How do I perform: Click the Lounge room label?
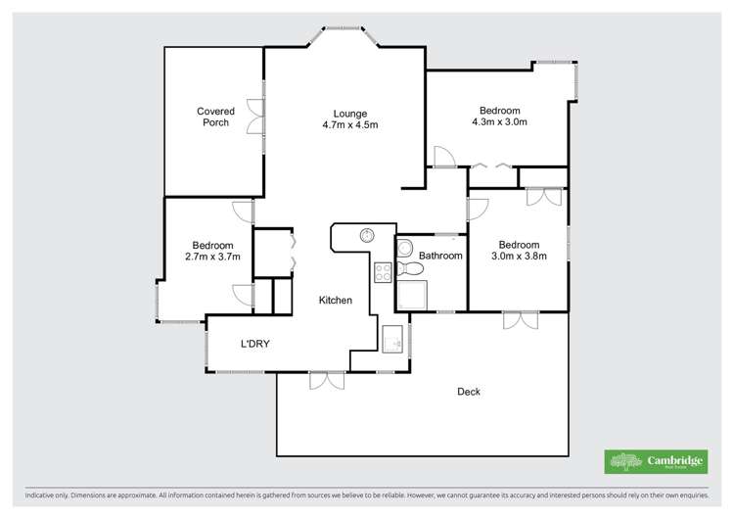pos(349,112)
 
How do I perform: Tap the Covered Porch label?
pos(215,112)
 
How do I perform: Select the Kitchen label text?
pos(335,301)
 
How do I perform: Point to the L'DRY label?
pos(255,344)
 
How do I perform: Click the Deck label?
pos(469,392)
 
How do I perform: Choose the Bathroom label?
pos(440,256)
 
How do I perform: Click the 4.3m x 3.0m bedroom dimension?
pos(499,122)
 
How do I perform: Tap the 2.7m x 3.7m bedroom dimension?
pos(212,257)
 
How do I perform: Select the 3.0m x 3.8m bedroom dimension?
pos(518,257)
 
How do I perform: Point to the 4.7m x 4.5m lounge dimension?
pos(349,124)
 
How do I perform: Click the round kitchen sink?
pos(367,235)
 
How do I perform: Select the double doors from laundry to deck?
pos(327,380)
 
